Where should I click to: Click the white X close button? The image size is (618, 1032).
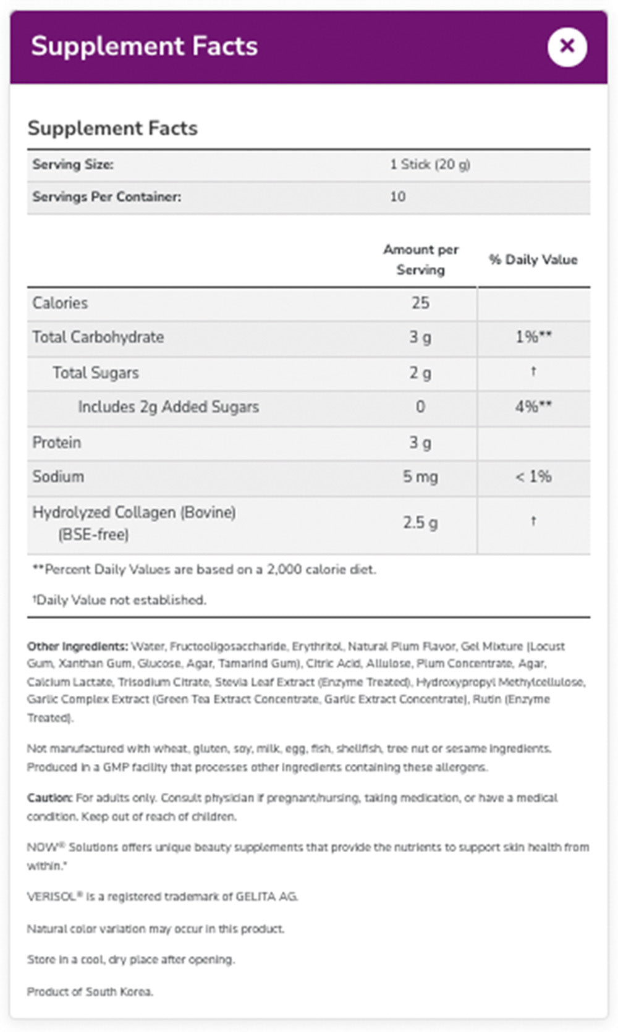click(x=567, y=46)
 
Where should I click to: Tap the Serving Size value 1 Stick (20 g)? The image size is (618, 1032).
click(x=430, y=164)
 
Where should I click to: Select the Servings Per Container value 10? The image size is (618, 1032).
click(x=397, y=197)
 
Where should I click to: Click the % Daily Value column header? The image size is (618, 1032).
click(x=533, y=260)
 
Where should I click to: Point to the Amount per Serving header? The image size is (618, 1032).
click(x=420, y=260)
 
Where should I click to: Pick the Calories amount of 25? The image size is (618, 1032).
click(x=420, y=303)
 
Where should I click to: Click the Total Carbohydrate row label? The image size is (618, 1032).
click(x=98, y=337)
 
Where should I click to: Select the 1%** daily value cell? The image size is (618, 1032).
click(x=533, y=337)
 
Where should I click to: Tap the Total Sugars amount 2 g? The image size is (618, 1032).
click(x=420, y=373)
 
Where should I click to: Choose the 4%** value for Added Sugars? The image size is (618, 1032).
click(x=533, y=407)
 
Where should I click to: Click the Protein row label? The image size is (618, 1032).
click(x=57, y=442)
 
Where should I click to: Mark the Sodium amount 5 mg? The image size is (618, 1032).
click(x=420, y=476)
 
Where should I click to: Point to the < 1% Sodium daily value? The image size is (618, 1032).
click(x=533, y=476)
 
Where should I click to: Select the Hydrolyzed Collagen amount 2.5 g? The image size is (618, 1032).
click(x=420, y=523)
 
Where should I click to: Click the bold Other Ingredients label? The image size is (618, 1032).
click(x=77, y=646)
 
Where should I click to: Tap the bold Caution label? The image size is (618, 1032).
click(x=49, y=798)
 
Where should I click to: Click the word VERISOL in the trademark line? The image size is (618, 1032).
click(x=51, y=897)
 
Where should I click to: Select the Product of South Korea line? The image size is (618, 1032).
click(x=90, y=991)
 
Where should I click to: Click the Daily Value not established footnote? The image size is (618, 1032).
click(x=120, y=600)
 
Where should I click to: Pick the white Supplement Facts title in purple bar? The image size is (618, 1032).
click(x=145, y=46)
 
